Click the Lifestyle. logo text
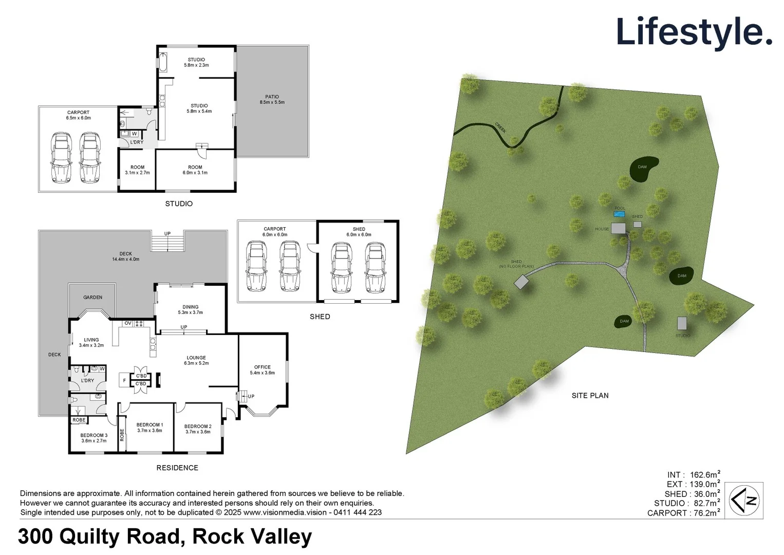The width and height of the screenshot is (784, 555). click(x=694, y=32)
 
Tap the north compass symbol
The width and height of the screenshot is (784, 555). click(x=744, y=500)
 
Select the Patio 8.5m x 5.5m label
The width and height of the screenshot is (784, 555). click(x=272, y=99)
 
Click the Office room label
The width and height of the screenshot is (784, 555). click(x=262, y=370)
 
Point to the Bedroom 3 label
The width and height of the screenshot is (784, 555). click(x=94, y=438)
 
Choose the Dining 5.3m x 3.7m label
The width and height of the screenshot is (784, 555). click(x=190, y=309)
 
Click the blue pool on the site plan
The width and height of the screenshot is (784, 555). click(x=619, y=214)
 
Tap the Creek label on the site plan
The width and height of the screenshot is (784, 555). click(x=500, y=127)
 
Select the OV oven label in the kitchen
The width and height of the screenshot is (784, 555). click(x=128, y=323)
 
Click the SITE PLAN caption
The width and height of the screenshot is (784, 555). click(x=590, y=396)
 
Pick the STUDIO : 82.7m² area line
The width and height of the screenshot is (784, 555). click(x=686, y=503)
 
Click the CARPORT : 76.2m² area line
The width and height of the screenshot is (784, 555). click(x=683, y=513)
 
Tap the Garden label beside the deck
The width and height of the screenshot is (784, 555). click(x=92, y=297)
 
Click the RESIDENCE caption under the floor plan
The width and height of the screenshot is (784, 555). click(x=177, y=468)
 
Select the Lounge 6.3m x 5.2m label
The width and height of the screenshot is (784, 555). click(x=196, y=360)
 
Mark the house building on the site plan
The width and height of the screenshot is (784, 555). click(x=618, y=228)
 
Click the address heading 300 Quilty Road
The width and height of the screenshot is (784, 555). click(x=165, y=536)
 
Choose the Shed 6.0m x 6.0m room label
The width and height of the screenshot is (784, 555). click(x=359, y=232)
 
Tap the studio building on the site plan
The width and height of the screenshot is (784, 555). click(x=682, y=323)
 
